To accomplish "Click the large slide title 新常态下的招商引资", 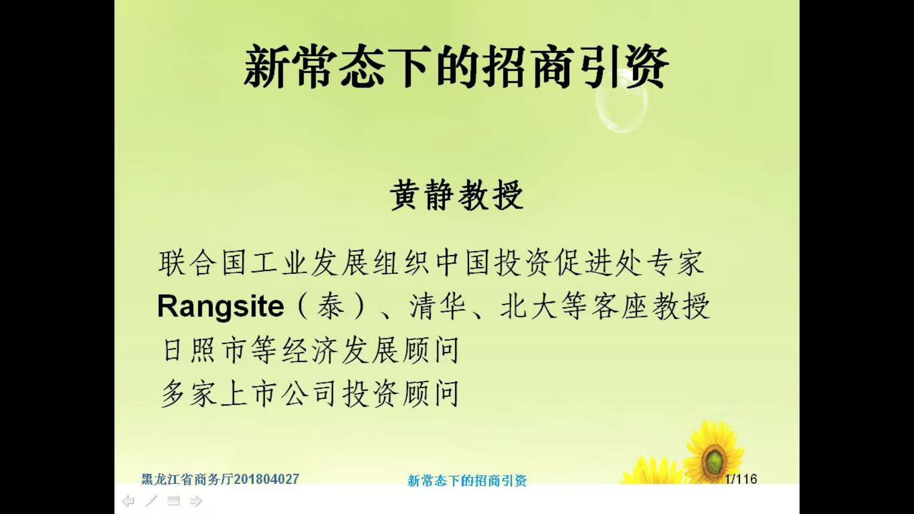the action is point(457,67).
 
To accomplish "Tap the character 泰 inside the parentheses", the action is point(331,306).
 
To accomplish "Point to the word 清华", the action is point(437,306).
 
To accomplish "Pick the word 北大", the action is point(528,306).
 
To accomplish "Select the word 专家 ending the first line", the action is point(675,262).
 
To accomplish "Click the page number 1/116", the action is point(741,479).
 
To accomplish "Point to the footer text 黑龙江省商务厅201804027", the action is point(220,479).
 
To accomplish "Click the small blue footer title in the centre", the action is point(467,481).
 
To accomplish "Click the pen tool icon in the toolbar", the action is point(151,501).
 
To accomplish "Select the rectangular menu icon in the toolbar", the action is point(174,501).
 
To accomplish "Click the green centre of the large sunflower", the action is point(714,460).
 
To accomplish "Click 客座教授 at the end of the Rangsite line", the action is point(651,306).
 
